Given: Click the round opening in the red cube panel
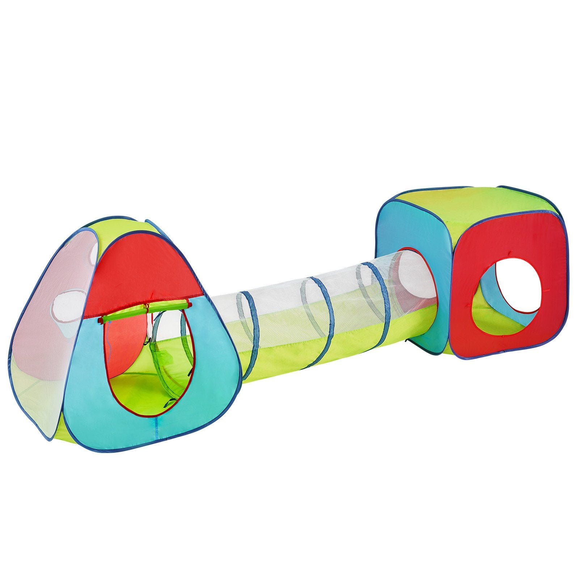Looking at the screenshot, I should pos(507,289).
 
